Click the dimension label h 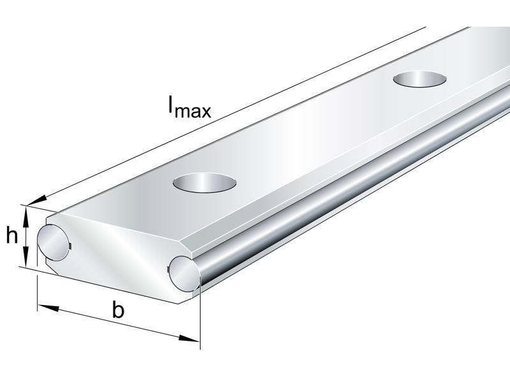pos(11,236)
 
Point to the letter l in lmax pos(170,105)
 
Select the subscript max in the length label pos(194,111)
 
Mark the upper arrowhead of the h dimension pos(26,213)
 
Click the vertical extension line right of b pos(200,318)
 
